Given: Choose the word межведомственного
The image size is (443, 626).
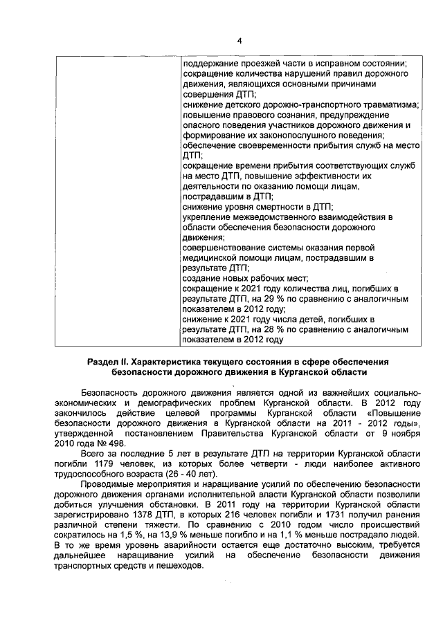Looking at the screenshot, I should click(291, 217).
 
